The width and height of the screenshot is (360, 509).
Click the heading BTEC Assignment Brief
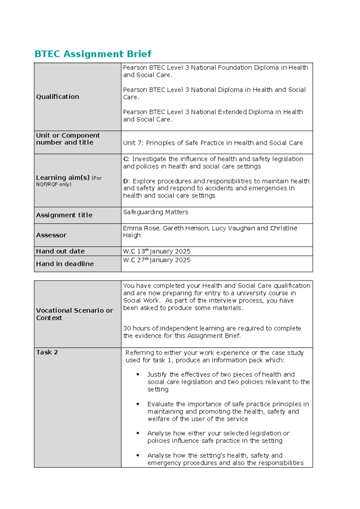(93, 54)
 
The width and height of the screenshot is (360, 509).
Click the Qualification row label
(58, 97)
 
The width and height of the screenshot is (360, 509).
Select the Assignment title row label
(64, 215)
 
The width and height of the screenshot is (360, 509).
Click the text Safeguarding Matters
(156, 212)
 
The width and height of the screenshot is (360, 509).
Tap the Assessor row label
(51, 235)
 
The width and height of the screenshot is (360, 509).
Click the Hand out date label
(60, 251)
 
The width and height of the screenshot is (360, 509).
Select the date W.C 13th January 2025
(157, 251)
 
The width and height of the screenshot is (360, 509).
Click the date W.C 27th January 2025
(157, 260)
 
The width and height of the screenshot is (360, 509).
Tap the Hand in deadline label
(65, 264)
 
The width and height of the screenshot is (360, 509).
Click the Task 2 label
(47, 352)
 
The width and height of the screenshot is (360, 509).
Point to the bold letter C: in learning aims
(126, 159)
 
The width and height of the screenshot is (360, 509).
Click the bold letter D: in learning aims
(126, 181)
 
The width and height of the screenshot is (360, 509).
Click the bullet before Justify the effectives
(138, 375)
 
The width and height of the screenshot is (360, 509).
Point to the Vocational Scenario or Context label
(74, 314)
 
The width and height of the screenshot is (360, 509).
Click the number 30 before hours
(127, 328)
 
